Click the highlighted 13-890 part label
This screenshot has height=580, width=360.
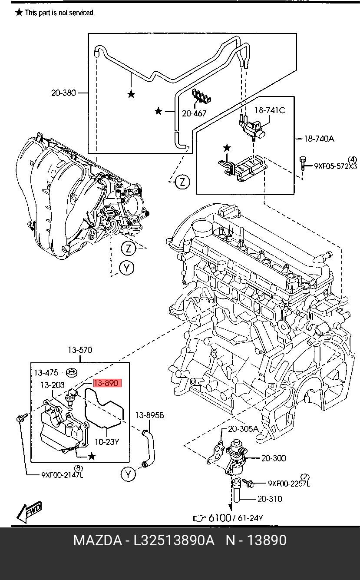pyautogui.click(x=107, y=383)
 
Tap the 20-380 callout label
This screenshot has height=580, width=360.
pyautogui.click(x=63, y=93)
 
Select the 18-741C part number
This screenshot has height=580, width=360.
pyautogui.click(x=270, y=110)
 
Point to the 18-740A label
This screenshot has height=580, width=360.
pyautogui.click(x=318, y=139)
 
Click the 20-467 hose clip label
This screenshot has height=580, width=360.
pyautogui.click(x=194, y=113)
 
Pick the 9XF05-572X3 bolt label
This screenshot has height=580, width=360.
pyautogui.click(x=335, y=166)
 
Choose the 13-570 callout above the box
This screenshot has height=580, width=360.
pyautogui.click(x=80, y=350)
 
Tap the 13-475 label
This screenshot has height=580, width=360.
pyautogui.click(x=46, y=373)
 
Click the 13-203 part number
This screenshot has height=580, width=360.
pyautogui.click(x=53, y=385)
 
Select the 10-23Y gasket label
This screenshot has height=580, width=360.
pyautogui.click(x=107, y=442)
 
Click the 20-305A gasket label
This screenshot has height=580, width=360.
pyautogui.click(x=243, y=428)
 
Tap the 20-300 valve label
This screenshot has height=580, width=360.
pyautogui.click(x=274, y=458)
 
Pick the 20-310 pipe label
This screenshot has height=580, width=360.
pyautogui.click(x=269, y=499)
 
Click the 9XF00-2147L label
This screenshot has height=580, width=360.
pyautogui.click(x=62, y=475)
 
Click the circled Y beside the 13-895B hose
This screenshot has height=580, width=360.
pyautogui.click(x=128, y=474)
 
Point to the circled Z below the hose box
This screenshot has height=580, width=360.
pyautogui.click(x=183, y=182)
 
